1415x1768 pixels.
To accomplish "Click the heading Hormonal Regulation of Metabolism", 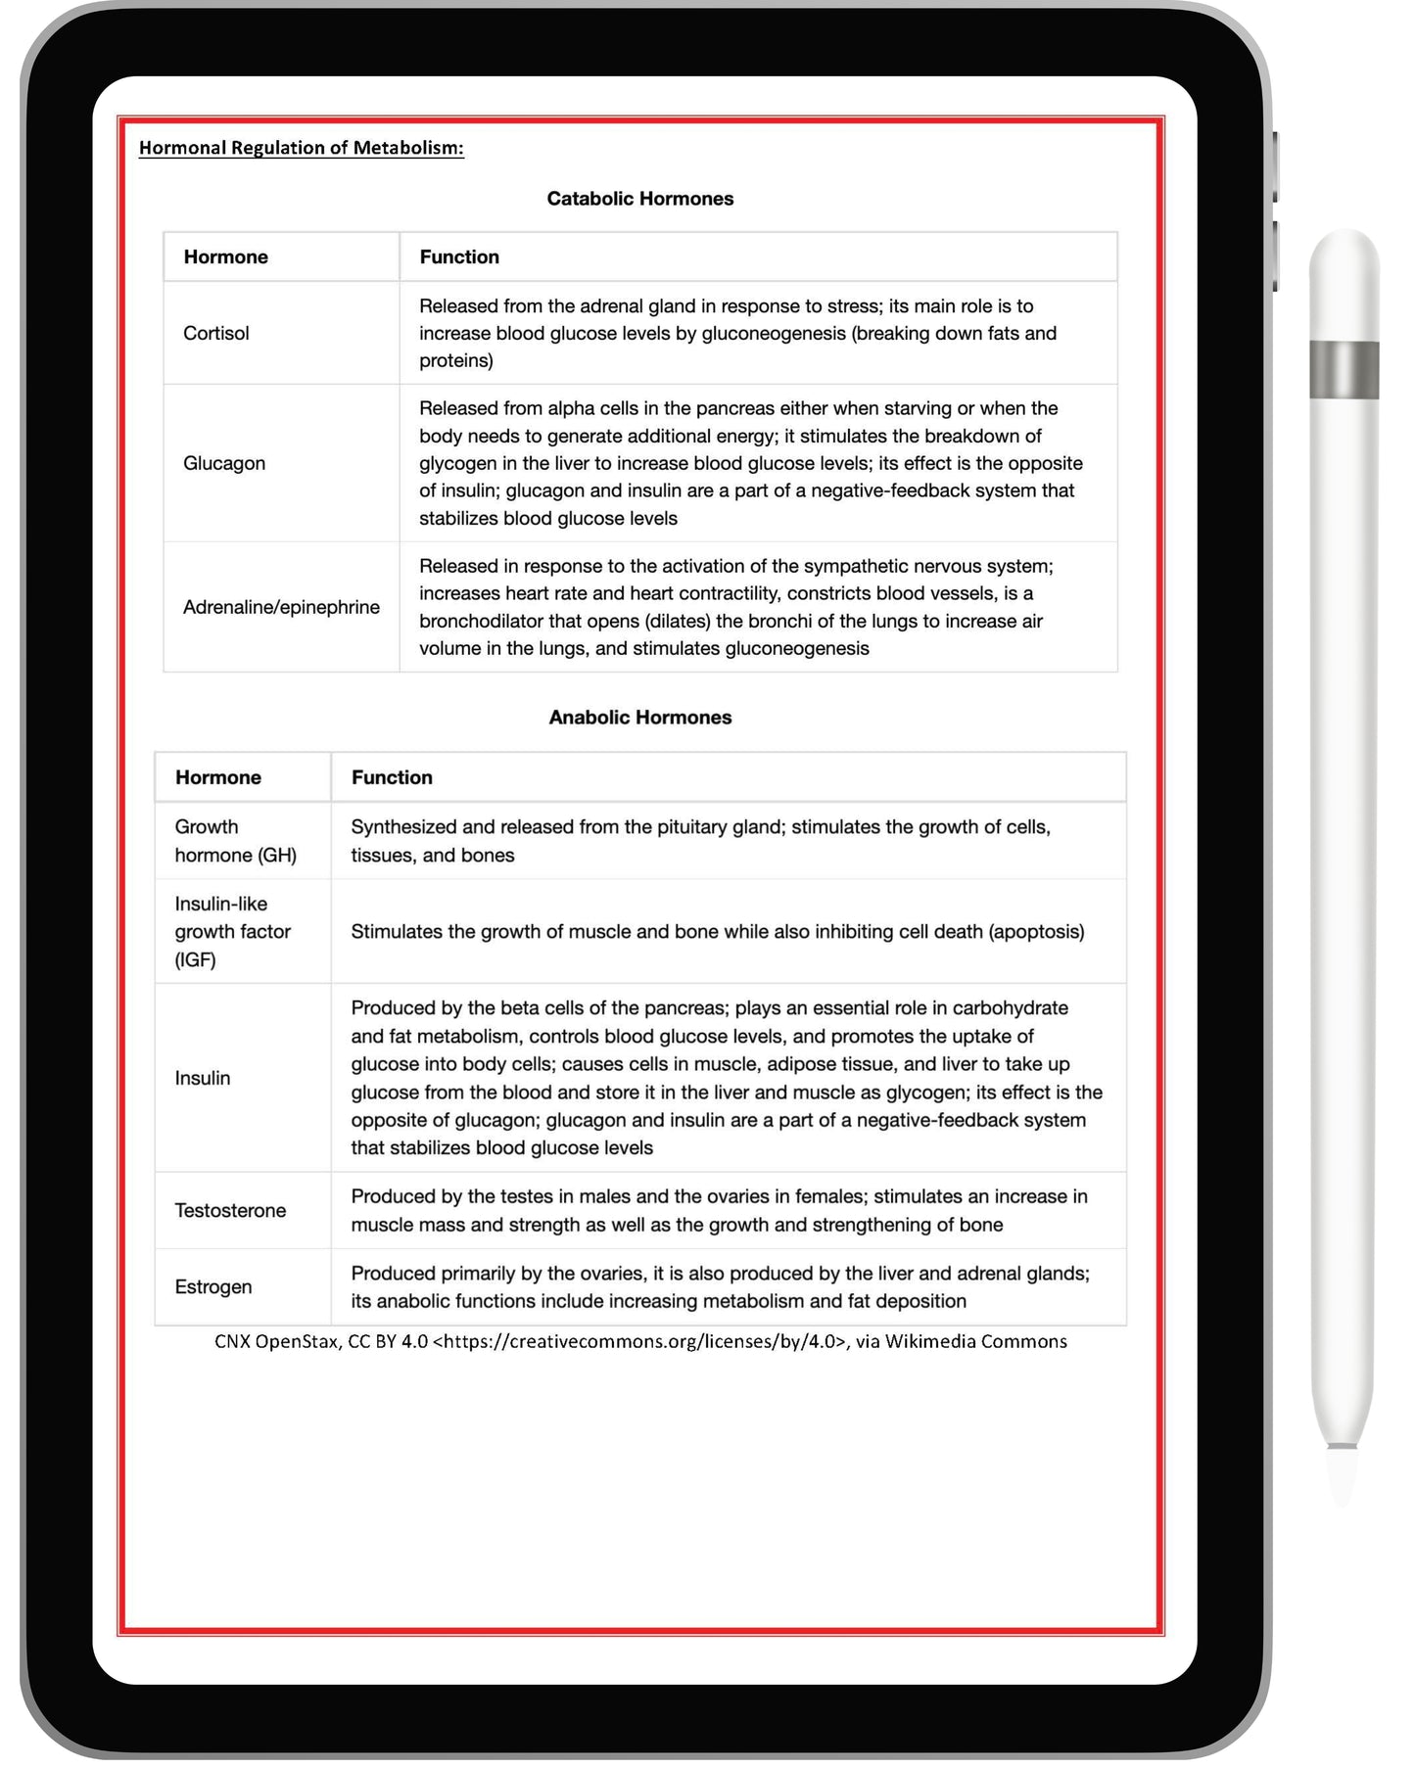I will pyautogui.click(x=301, y=148).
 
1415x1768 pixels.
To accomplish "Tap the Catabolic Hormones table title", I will pyautogui.click(x=639, y=199).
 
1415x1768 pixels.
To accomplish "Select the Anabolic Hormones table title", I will pyautogui.click(x=639, y=718).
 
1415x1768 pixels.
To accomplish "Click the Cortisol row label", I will pyautogui.click(x=216, y=333).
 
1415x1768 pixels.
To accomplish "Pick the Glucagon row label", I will pyautogui.click(x=224, y=463).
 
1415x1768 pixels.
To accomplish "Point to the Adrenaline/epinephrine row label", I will pyautogui.click(x=281, y=607).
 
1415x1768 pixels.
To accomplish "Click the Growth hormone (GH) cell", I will pyautogui.click(x=235, y=841).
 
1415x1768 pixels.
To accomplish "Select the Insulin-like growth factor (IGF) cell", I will pyautogui.click(x=232, y=931).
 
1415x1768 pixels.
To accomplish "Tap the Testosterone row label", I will pyautogui.click(x=230, y=1210).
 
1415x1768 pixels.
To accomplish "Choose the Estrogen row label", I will pyautogui.click(x=212, y=1286).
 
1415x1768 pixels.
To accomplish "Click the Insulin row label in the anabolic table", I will pyautogui.click(x=203, y=1078).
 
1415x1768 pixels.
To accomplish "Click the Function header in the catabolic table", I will pyautogui.click(x=459, y=256).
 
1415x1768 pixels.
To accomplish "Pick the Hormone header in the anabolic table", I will pyautogui.click(x=218, y=777).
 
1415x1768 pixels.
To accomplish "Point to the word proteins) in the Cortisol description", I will pyautogui.click(x=456, y=360).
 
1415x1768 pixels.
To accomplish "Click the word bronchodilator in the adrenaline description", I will pyautogui.click(x=483, y=621).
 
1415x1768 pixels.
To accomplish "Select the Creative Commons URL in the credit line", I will pyautogui.click(x=640, y=1341).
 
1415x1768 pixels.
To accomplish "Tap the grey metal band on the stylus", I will pyautogui.click(x=1344, y=369).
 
